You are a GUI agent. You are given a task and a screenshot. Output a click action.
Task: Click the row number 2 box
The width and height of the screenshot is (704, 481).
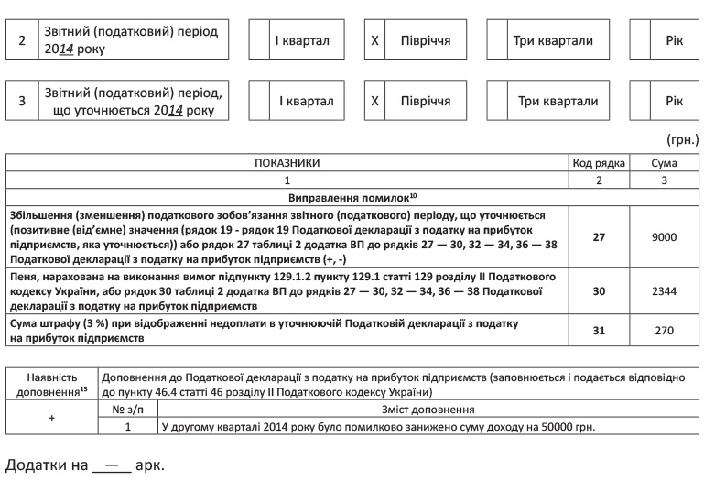click(x=22, y=41)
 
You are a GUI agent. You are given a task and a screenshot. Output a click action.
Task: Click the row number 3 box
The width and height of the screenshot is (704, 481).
click(x=22, y=101)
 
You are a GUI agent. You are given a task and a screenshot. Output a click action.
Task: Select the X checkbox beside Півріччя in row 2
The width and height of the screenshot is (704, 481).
click(x=374, y=41)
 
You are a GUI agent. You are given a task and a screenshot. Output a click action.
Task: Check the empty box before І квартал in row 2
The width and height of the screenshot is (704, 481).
click(x=259, y=41)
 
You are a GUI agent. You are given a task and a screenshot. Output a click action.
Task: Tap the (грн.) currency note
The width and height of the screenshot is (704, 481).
click(x=682, y=140)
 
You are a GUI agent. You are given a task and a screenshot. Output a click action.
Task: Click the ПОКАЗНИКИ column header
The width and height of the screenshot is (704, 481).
click(x=287, y=163)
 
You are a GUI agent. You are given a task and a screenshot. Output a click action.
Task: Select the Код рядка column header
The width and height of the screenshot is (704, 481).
click(x=599, y=163)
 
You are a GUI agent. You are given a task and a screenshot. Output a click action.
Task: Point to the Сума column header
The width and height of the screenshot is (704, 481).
click(x=664, y=163)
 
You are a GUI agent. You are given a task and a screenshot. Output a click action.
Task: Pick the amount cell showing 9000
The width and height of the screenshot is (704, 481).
click(x=664, y=236)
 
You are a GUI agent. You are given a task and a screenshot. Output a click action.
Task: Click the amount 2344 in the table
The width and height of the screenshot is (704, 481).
click(x=664, y=291)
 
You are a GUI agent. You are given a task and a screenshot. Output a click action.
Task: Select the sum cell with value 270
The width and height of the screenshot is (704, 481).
click(x=664, y=331)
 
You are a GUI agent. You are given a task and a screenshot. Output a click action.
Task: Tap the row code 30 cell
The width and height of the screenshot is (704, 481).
click(x=599, y=291)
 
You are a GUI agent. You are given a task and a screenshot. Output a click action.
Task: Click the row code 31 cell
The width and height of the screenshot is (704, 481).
click(x=599, y=331)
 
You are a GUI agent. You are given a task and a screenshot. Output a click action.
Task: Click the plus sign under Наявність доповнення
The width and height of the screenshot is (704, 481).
click(x=51, y=418)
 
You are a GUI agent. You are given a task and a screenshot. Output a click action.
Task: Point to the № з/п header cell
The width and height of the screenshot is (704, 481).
click(x=128, y=410)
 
